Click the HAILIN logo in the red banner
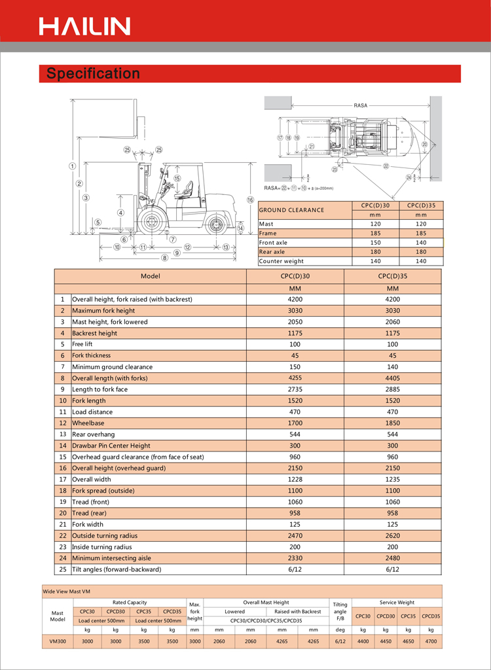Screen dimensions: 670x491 [x=84, y=26]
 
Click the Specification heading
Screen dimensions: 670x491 [x=93, y=73]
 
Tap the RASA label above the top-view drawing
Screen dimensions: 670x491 [x=360, y=105]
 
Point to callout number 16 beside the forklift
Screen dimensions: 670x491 [x=250, y=200]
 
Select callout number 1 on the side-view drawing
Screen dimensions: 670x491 [x=72, y=166]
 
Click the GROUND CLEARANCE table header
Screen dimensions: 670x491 [x=291, y=210]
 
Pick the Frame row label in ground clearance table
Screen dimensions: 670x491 [x=268, y=233]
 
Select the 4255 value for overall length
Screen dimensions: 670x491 [x=295, y=378]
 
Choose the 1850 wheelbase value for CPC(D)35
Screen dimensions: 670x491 [x=392, y=423]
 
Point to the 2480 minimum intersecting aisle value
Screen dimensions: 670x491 [x=392, y=558]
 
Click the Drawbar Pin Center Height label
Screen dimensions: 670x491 [x=111, y=446]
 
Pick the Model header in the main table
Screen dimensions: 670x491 [x=150, y=276]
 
